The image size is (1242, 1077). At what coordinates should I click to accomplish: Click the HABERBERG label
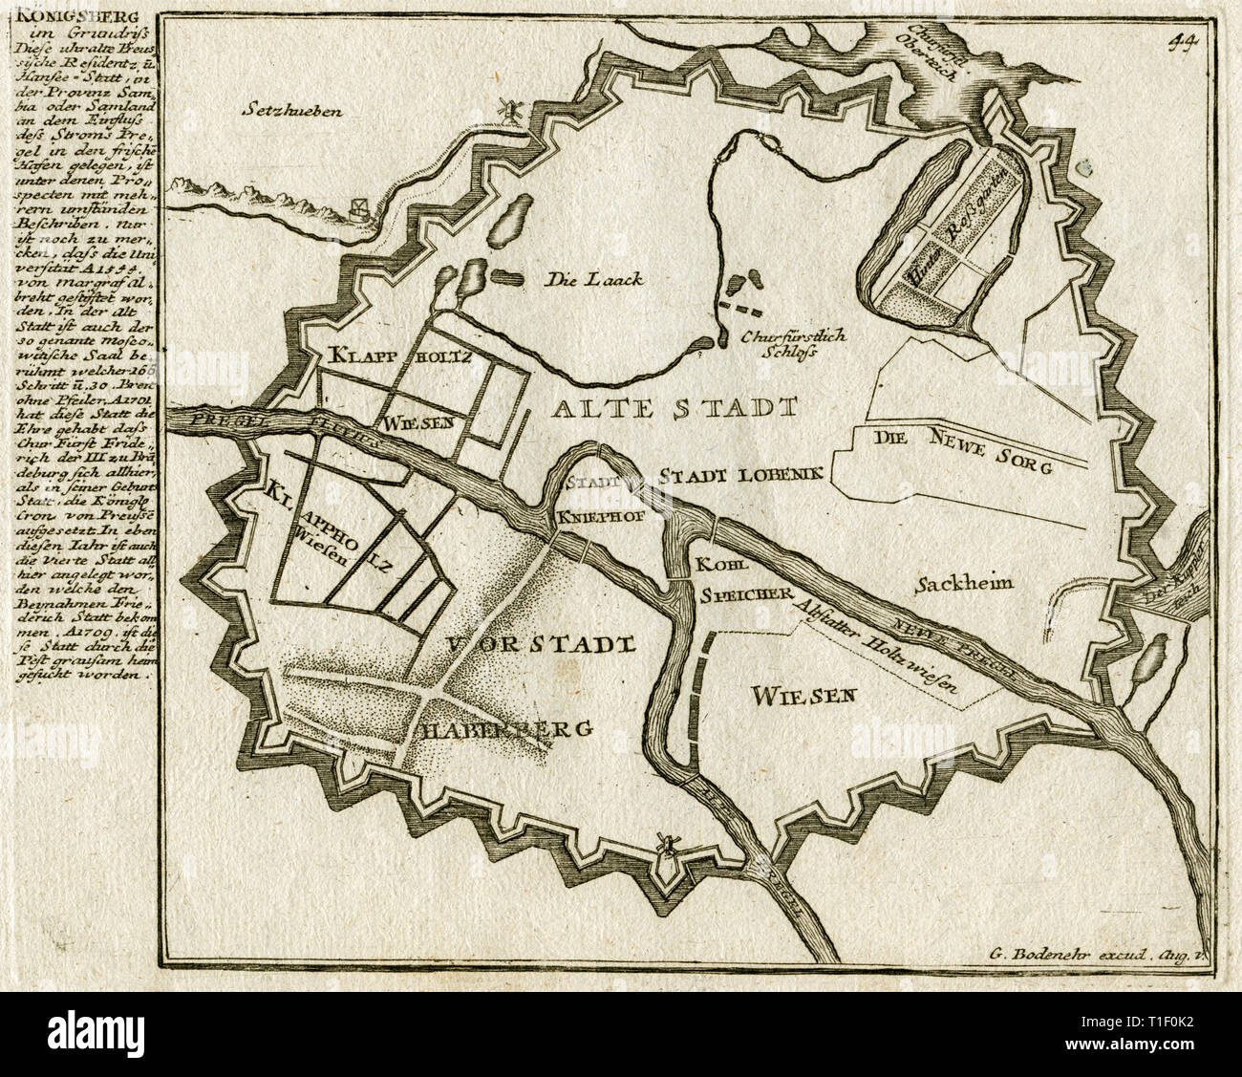click(x=503, y=728)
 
